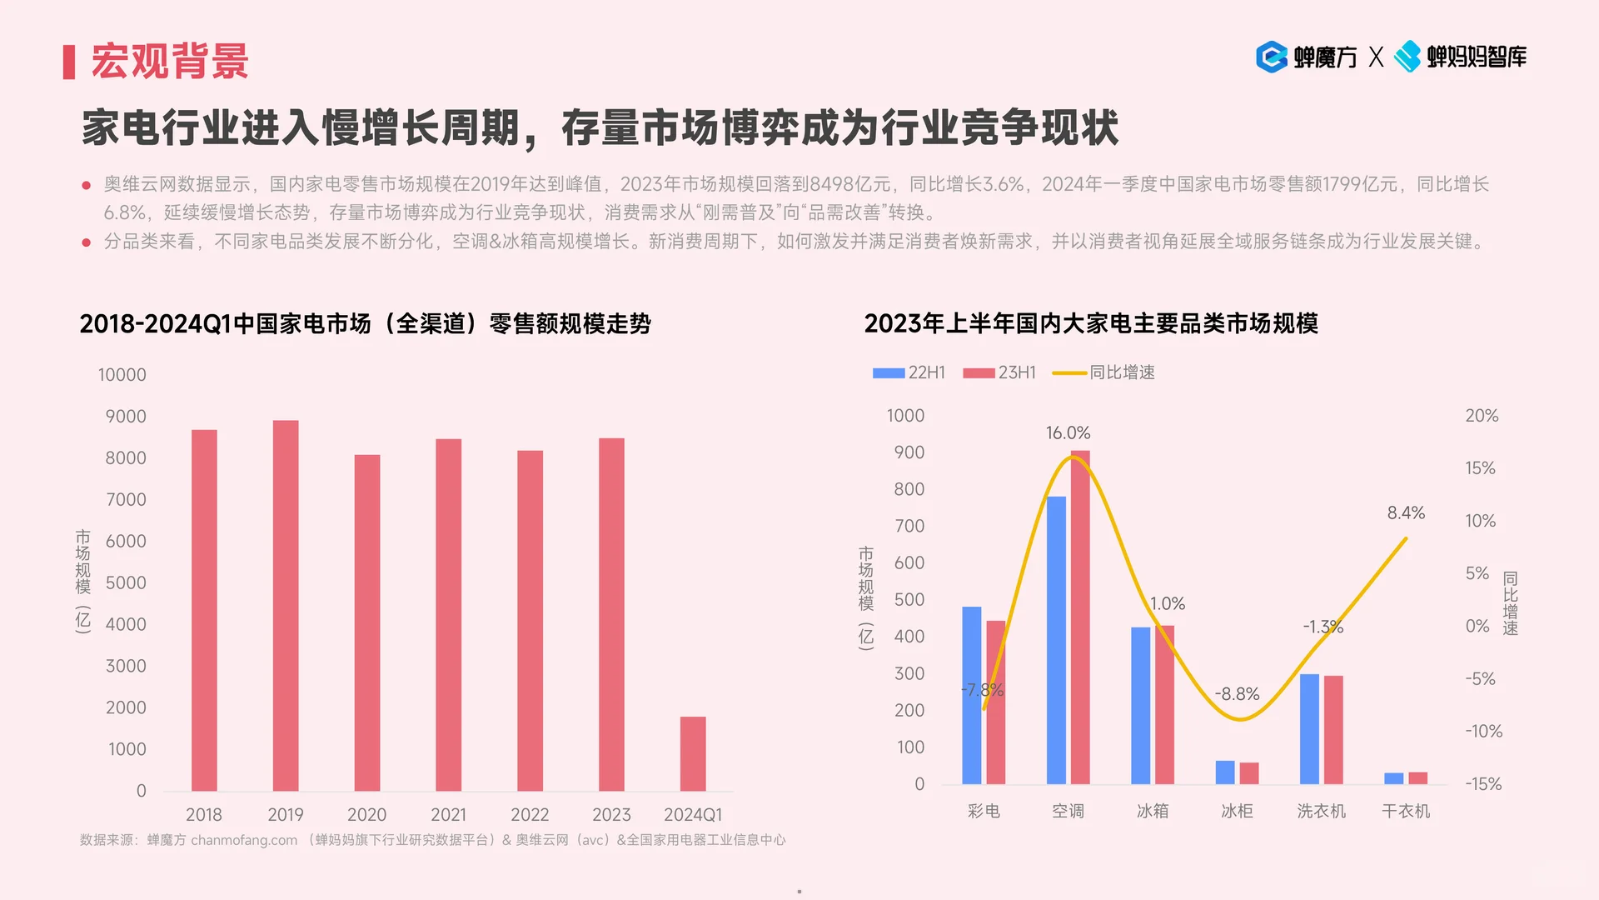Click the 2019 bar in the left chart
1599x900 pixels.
pos(286,606)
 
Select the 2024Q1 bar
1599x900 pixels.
pos(693,753)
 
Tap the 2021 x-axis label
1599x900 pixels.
pos(448,814)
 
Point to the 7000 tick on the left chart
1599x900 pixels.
pos(126,499)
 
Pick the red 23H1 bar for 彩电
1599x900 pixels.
pos(996,702)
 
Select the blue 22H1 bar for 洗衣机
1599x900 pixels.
pos(1309,729)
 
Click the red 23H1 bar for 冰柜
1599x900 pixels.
pos(1248,772)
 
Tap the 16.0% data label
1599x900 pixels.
pos(1068,432)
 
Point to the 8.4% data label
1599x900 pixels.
pos(1406,512)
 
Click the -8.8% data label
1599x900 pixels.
pos(1237,693)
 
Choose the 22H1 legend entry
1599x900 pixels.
pos(909,372)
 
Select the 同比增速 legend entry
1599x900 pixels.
pos(1104,372)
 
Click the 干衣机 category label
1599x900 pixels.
pos(1406,811)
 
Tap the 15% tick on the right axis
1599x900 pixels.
pos(1480,468)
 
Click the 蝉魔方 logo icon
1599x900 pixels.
pos(1272,57)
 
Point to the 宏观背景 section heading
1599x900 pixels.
pos(170,62)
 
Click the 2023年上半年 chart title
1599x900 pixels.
pos(1091,323)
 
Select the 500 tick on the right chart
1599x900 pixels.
pos(909,599)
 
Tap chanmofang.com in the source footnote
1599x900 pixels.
pos(244,840)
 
